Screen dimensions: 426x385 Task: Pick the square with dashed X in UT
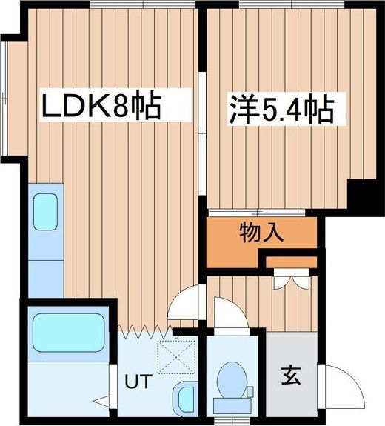pyautogui.click(x=179, y=358)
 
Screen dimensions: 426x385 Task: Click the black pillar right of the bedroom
pyautogui.click(x=363, y=194)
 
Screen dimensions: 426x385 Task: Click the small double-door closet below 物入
pyautogui.click(x=291, y=280)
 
